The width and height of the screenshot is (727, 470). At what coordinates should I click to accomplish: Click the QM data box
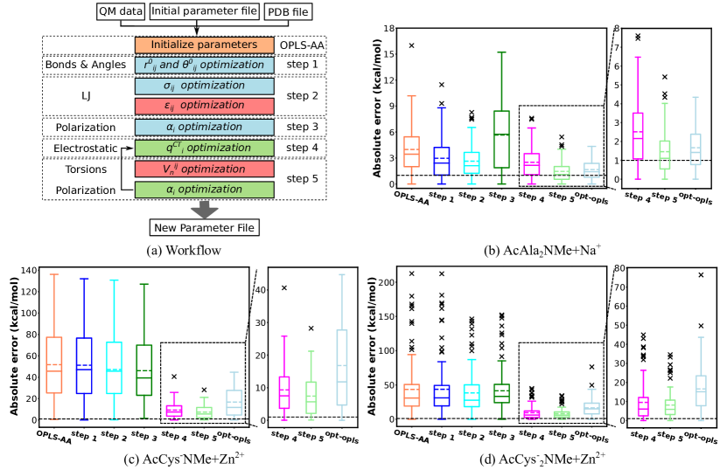(121, 11)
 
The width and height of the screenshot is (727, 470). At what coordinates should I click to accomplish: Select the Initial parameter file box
(204, 11)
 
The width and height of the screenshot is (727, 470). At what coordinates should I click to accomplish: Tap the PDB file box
(287, 12)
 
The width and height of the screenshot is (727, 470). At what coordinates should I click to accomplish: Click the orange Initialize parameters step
(204, 45)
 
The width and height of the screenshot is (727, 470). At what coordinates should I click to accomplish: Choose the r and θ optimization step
(204, 65)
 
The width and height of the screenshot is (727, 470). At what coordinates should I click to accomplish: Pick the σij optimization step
(204, 86)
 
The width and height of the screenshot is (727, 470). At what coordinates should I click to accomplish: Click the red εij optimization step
(204, 106)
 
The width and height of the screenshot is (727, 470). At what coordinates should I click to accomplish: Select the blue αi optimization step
(204, 127)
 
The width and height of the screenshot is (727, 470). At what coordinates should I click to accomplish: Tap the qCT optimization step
(204, 148)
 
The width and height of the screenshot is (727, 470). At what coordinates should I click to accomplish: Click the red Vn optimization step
(204, 169)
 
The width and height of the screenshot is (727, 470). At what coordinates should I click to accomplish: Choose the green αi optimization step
(204, 189)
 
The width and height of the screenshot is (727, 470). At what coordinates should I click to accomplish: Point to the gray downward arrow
(205, 210)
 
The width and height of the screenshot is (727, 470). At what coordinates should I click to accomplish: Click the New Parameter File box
(204, 228)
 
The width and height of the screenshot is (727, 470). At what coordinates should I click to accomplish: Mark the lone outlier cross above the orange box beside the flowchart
(411, 45)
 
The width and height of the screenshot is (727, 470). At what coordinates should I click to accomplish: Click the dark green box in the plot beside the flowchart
(501, 139)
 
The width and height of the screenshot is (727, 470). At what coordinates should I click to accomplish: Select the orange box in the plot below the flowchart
(54, 364)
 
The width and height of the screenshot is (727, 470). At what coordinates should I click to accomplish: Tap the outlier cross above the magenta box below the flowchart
(174, 377)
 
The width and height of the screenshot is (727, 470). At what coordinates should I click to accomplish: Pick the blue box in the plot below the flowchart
(84, 365)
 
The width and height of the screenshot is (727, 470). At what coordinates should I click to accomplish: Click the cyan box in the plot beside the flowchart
(472, 162)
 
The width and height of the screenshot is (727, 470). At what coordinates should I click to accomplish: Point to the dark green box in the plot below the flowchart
(144, 370)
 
